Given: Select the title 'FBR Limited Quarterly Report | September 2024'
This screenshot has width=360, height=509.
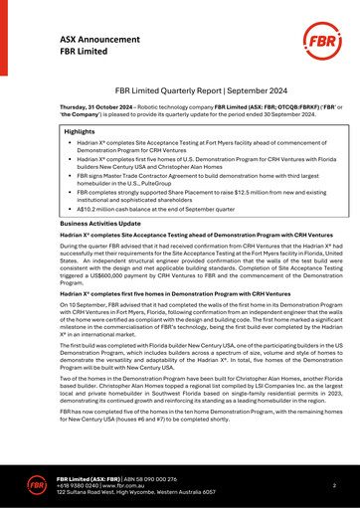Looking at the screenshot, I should click(x=180, y=89).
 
